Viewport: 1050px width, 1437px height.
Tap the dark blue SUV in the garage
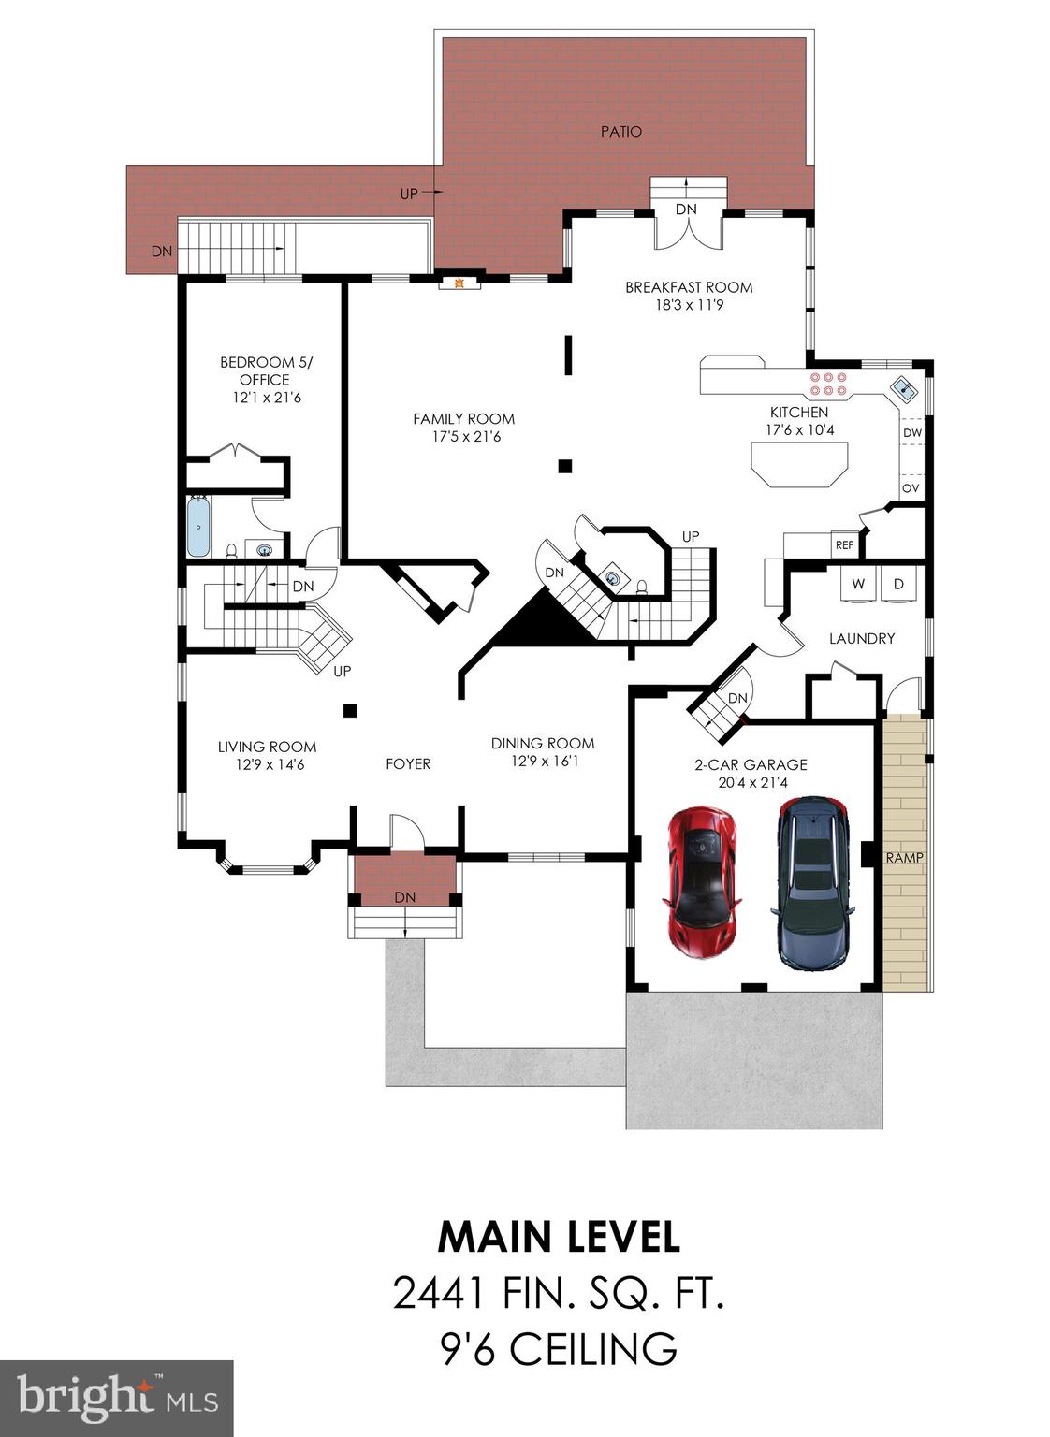pyautogui.click(x=812, y=882)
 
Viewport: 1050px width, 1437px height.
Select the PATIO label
pyautogui.click(x=620, y=132)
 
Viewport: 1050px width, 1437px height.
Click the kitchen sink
pyautogui.click(x=904, y=386)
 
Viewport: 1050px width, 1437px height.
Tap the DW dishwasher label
pyautogui.click(x=911, y=433)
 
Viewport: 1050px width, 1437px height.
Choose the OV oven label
pyautogui.click(x=911, y=488)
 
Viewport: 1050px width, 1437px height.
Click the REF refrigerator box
pyautogui.click(x=844, y=544)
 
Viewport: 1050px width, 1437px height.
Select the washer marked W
pyautogui.click(x=857, y=584)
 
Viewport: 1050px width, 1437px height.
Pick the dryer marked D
pyautogui.click(x=898, y=584)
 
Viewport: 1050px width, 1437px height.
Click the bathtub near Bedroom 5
pyautogui.click(x=198, y=528)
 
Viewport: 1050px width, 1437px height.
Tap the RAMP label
pyautogui.click(x=904, y=857)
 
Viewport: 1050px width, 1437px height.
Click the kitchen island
pyautogui.click(x=799, y=463)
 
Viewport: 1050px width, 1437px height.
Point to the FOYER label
pyautogui.click(x=408, y=764)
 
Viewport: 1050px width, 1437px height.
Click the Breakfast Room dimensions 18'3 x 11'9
pyautogui.click(x=689, y=305)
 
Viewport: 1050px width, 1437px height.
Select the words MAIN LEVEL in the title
pyautogui.click(x=559, y=1237)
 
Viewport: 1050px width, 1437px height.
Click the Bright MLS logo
pyautogui.click(x=116, y=1399)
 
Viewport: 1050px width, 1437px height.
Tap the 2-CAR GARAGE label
pyautogui.click(x=751, y=764)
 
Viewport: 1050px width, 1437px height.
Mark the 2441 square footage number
pyautogui.click(x=439, y=1294)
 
